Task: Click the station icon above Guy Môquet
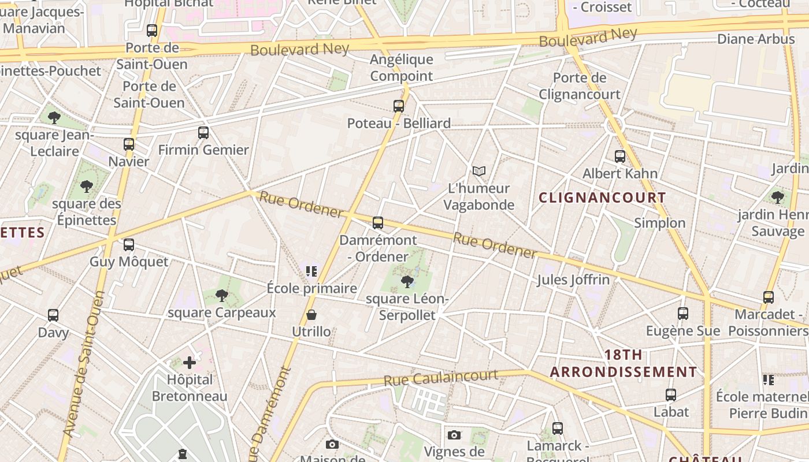tap(129, 245)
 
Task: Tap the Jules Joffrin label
tap(573, 280)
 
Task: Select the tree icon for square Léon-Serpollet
tap(407, 282)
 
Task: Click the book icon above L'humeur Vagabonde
tap(479, 171)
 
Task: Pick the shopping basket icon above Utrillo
tap(311, 315)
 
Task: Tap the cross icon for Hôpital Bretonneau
tap(190, 363)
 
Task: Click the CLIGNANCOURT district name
tap(603, 198)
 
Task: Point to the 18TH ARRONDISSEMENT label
tap(624, 363)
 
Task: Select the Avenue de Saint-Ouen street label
tap(84, 364)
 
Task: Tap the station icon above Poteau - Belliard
tap(399, 106)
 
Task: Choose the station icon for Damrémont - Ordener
tap(378, 223)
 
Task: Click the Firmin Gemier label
tap(203, 150)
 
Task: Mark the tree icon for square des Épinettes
tap(87, 187)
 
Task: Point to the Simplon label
tap(660, 223)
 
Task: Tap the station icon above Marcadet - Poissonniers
tap(769, 297)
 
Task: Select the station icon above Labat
tap(671, 395)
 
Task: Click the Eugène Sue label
tap(683, 331)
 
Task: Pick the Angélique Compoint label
tap(402, 68)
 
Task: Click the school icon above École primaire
tap(312, 271)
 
